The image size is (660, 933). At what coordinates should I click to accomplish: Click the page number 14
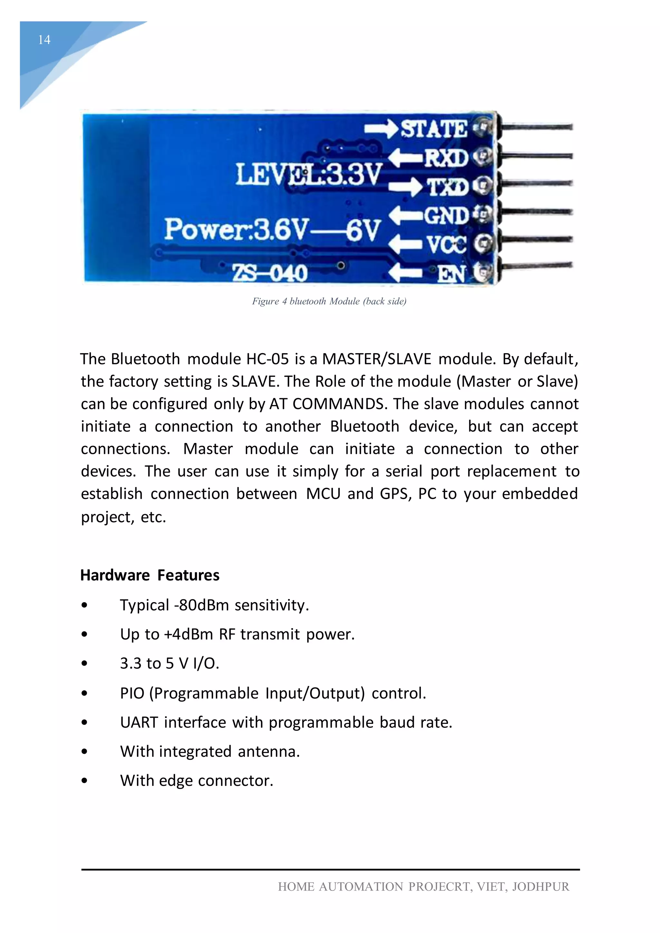44,40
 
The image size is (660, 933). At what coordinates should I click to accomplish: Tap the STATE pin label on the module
434,129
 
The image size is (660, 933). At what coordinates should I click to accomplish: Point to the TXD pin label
447,187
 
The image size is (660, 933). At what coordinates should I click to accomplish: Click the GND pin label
447,216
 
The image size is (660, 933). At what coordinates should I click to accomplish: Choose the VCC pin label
447,245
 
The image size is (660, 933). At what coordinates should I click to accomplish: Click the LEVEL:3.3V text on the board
309,174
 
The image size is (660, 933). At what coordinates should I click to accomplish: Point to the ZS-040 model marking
269,273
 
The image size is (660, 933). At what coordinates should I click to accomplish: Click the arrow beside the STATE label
381,129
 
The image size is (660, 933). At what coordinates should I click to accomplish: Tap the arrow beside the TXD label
405,187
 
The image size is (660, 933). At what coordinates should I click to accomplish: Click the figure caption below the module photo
329,301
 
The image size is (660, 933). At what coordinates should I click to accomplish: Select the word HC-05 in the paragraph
267,359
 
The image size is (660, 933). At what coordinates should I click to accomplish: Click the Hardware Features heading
150,575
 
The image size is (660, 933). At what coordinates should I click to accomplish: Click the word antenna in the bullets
269,752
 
